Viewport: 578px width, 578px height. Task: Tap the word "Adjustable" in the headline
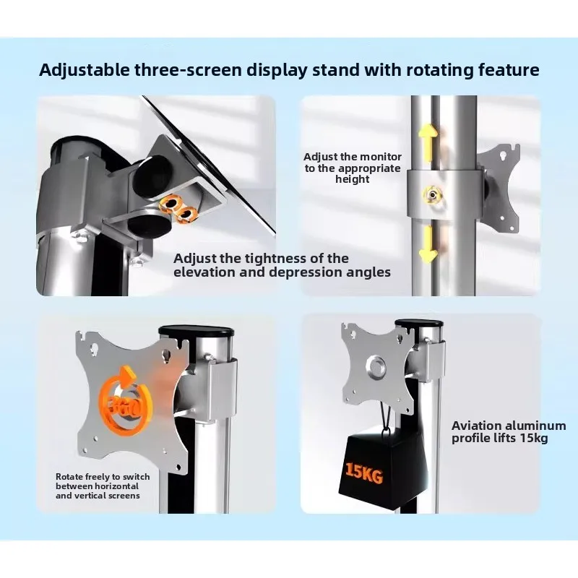(85, 70)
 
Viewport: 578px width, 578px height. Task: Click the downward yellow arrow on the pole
(428, 244)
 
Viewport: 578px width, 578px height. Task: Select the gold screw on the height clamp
(431, 194)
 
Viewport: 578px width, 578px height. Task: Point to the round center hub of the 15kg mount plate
(376, 367)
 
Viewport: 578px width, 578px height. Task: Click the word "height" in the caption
(352, 179)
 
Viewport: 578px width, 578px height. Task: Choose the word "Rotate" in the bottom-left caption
(69, 477)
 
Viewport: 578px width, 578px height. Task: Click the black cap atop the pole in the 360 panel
(197, 331)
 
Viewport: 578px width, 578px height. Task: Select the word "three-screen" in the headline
(188, 70)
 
